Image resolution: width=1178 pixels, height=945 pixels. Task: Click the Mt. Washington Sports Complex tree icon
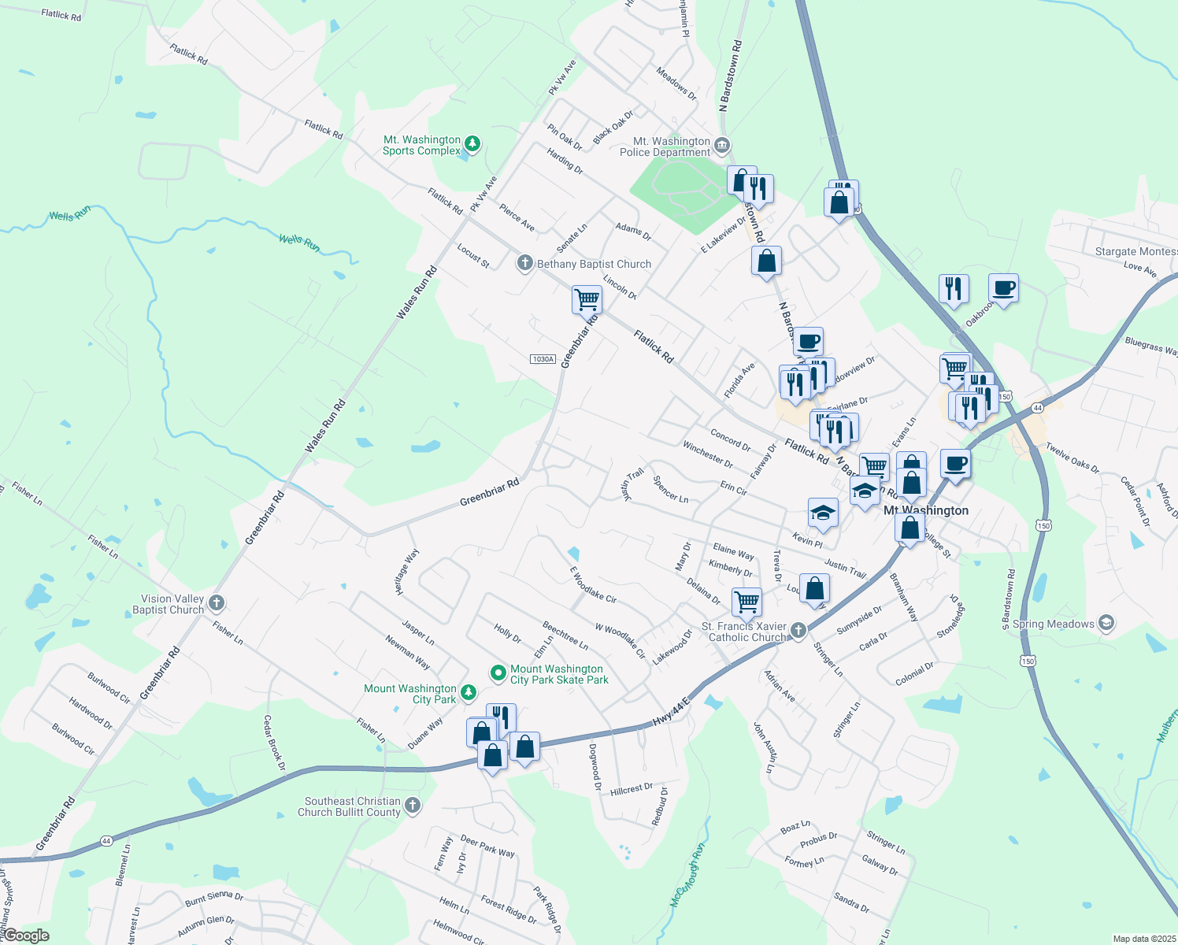click(x=472, y=143)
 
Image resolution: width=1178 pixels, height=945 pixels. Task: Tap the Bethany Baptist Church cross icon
click(x=525, y=263)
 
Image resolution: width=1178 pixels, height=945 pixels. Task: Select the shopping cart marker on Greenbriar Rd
click(x=587, y=299)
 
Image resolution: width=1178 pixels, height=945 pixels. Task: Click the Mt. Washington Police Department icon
click(x=723, y=146)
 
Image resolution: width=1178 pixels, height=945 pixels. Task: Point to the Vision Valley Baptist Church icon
click(x=217, y=603)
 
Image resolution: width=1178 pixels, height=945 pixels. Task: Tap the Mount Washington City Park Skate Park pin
click(x=498, y=673)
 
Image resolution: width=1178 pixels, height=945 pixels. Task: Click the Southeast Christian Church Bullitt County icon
click(x=413, y=806)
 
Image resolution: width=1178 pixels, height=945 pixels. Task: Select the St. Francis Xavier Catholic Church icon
click(x=798, y=630)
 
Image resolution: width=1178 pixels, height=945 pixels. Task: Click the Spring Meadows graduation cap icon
click(x=1106, y=624)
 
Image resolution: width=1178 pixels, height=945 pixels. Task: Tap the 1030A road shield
click(x=543, y=359)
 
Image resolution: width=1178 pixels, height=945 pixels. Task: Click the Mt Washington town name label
click(x=926, y=510)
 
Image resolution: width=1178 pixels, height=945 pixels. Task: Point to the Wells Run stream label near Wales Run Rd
click(x=300, y=242)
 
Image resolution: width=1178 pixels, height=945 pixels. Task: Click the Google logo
click(x=26, y=936)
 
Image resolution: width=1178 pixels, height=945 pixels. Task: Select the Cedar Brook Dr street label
click(x=273, y=743)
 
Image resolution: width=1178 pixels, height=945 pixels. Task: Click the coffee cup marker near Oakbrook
click(x=1003, y=288)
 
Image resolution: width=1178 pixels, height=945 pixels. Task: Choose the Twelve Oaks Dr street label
click(x=1072, y=458)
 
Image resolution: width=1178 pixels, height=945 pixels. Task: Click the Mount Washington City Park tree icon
click(x=469, y=692)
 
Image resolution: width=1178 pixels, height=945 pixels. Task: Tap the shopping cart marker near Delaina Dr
click(x=746, y=602)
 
